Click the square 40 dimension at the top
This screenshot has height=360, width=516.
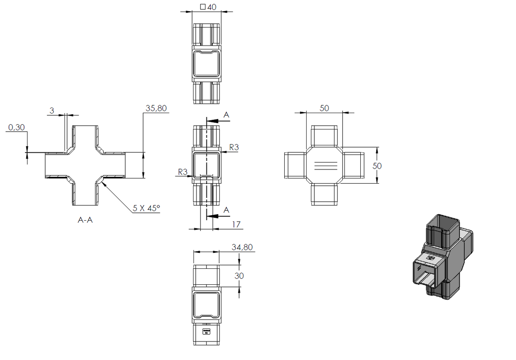(208, 7)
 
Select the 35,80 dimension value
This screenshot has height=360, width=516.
(156, 108)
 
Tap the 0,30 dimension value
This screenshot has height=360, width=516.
(16, 127)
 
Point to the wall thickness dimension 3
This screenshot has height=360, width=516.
(52, 111)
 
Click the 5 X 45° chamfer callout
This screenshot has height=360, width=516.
(146, 208)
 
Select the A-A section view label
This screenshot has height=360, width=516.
(85, 220)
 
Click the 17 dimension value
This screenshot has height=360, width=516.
(236, 225)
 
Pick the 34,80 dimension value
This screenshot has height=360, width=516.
(242, 247)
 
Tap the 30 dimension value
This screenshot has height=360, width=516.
(239, 276)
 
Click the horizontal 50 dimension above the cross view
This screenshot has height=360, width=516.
(324, 108)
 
